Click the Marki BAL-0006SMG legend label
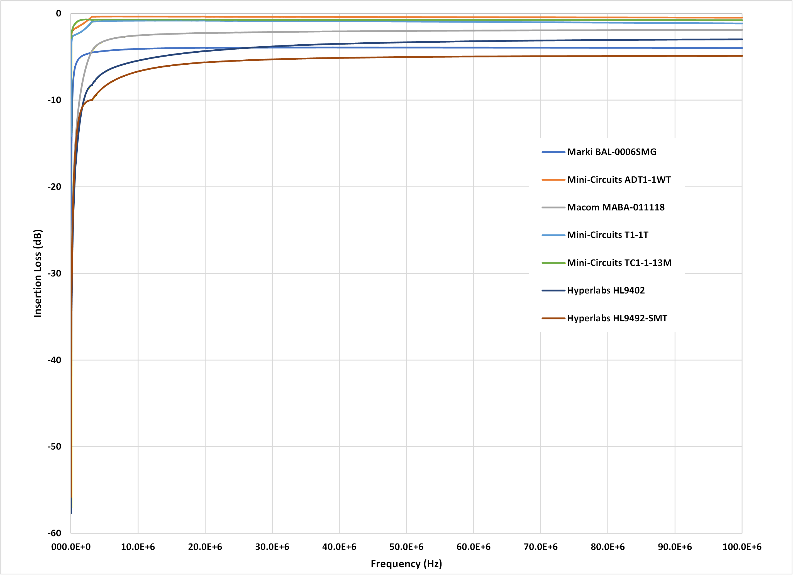point(612,152)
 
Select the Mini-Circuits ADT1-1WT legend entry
point(619,179)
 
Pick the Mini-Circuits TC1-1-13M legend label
point(619,263)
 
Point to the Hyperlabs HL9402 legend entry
point(606,290)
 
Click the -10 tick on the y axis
point(54,100)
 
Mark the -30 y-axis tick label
point(54,273)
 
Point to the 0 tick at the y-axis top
point(58,14)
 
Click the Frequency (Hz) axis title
point(406,564)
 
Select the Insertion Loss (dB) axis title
point(37,273)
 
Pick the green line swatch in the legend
point(553,263)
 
